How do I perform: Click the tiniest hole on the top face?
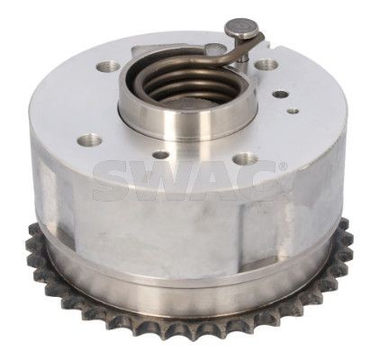(293, 112)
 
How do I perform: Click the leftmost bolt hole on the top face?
(90, 139)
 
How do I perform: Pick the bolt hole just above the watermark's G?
(245, 158)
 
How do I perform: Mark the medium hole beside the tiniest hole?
(280, 94)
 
